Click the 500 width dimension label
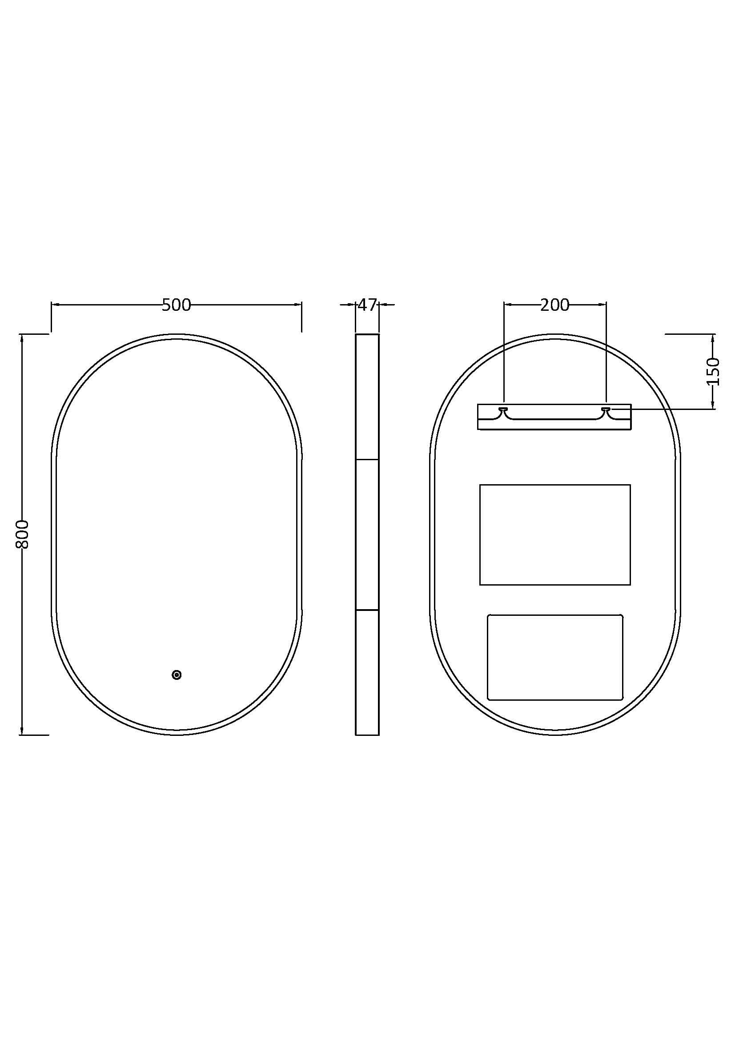pyautogui.click(x=176, y=305)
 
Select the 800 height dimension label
pyautogui.click(x=22, y=534)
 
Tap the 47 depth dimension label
pyautogui.click(x=367, y=305)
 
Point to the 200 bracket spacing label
pyautogui.click(x=554, y=305)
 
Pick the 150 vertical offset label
pyautogui.click(x=713, y=371)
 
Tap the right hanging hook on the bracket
pyautogui.click(x=606, y=410)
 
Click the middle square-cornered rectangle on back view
pyautogui.click(x=554, y=534)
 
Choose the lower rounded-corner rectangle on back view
pyautogui.click(x=554, y=657)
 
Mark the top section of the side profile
pyautogui.click(x=367, y=397)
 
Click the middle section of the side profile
pyautogui.click(x=367, y=534)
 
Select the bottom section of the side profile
pyautogui.click(x=367, y=672)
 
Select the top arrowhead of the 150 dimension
pyautogui.click(x=713, y=338)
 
